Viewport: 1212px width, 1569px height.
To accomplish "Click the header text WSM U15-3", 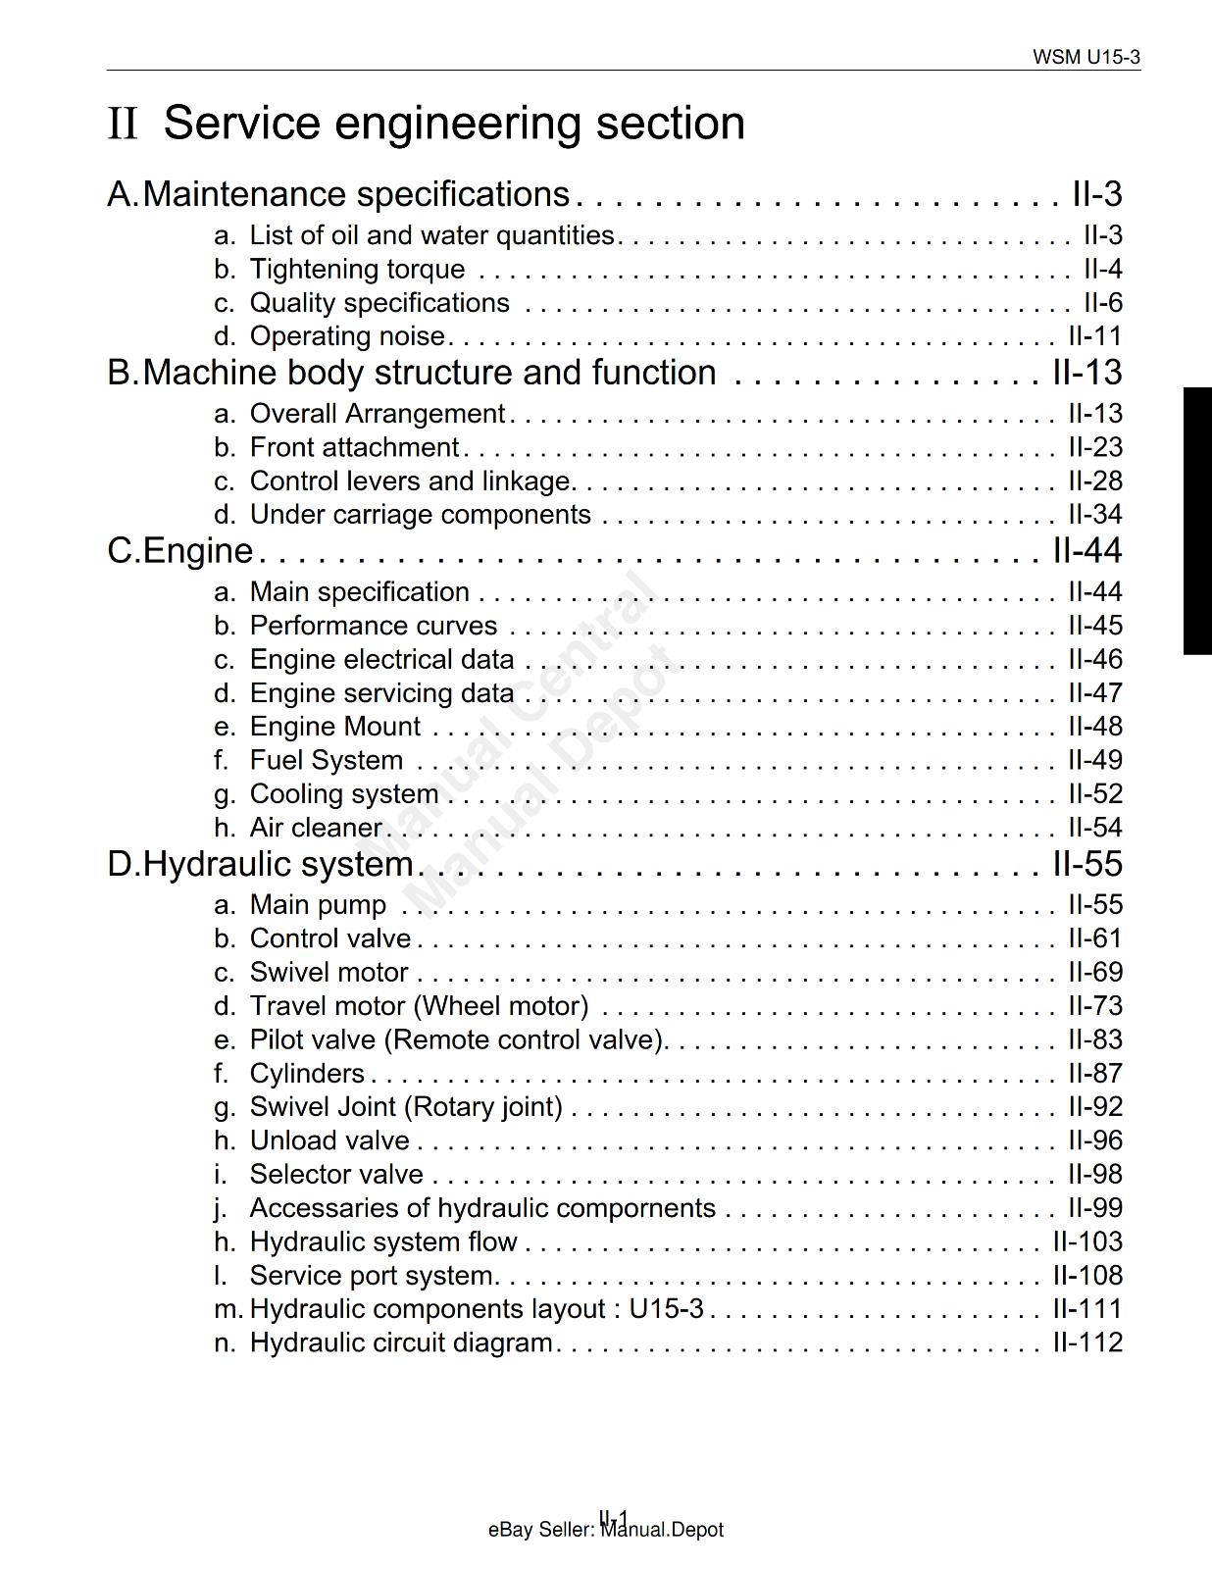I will point(1086,57).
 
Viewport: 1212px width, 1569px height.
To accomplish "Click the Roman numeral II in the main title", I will point(123,124).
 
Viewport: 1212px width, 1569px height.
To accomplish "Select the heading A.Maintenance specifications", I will point(338,194).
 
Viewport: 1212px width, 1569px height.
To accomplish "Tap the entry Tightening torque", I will point(357,269).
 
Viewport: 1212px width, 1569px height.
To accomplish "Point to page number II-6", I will point(1102,302).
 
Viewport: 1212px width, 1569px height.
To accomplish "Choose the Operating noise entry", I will point(347,336).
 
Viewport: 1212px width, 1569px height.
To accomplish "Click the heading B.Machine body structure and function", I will point(412,373).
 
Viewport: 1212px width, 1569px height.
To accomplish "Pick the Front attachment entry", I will point(354,447).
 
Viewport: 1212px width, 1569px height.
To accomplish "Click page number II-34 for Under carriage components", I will point(1094,515).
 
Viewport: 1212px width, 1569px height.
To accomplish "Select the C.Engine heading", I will point(180,551).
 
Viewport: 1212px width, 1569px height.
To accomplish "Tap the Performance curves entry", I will point(373,626).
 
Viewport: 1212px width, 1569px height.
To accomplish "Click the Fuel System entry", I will point(326,760).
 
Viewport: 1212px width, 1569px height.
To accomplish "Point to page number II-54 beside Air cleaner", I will point(1094,828).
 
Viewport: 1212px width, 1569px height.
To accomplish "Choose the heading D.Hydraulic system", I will point(260,864).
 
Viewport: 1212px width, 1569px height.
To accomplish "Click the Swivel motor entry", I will point(328,972).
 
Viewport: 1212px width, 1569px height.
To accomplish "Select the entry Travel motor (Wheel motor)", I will point(419,1006).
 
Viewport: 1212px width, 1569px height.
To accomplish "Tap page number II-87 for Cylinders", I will point(1094,1073).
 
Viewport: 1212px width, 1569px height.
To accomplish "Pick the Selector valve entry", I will point(336,1174).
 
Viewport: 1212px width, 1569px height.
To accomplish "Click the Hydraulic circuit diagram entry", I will point(401,1342).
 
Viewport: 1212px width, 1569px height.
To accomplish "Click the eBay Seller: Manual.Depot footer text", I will point(605,1530).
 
